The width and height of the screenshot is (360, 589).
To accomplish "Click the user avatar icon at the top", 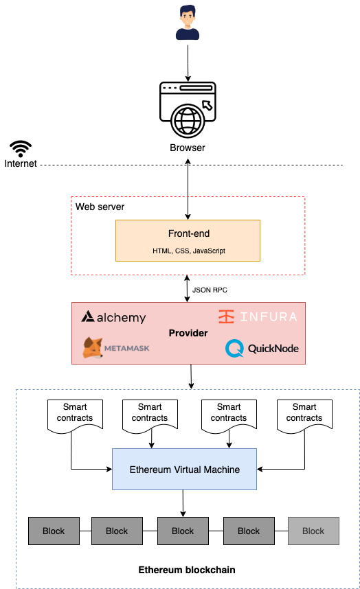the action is (188, 23).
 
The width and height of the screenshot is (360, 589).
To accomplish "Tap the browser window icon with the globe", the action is (188, 110).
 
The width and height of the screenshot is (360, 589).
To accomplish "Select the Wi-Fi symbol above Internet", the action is (21, 149).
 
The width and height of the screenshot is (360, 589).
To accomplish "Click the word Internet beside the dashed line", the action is (21, 164).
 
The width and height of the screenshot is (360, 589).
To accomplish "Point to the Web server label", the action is (100, 207).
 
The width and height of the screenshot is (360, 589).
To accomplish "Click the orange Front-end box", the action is (188, 240).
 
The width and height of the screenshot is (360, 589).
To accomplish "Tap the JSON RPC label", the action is (210, 290).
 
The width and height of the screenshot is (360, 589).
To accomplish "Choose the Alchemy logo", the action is (113, 317).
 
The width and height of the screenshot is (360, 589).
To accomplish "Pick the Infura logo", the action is (258, 316).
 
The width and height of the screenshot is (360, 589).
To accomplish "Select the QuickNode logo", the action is (262, 348).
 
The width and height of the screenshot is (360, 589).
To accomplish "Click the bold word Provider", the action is (188, 333).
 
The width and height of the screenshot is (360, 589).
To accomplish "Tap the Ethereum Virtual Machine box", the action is (185, 469).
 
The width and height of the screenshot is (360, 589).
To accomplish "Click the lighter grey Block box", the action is (313, 531).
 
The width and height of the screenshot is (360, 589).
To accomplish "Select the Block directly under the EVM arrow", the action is (183, 531).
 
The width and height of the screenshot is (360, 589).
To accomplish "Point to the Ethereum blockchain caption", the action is (187, 570).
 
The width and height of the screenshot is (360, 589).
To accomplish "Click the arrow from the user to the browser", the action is (188, 63).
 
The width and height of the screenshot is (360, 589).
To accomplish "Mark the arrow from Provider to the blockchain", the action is (191, 376).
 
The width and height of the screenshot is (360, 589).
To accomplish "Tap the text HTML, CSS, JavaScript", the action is (189, 251).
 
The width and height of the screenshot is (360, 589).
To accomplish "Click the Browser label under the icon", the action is (188, 148).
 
